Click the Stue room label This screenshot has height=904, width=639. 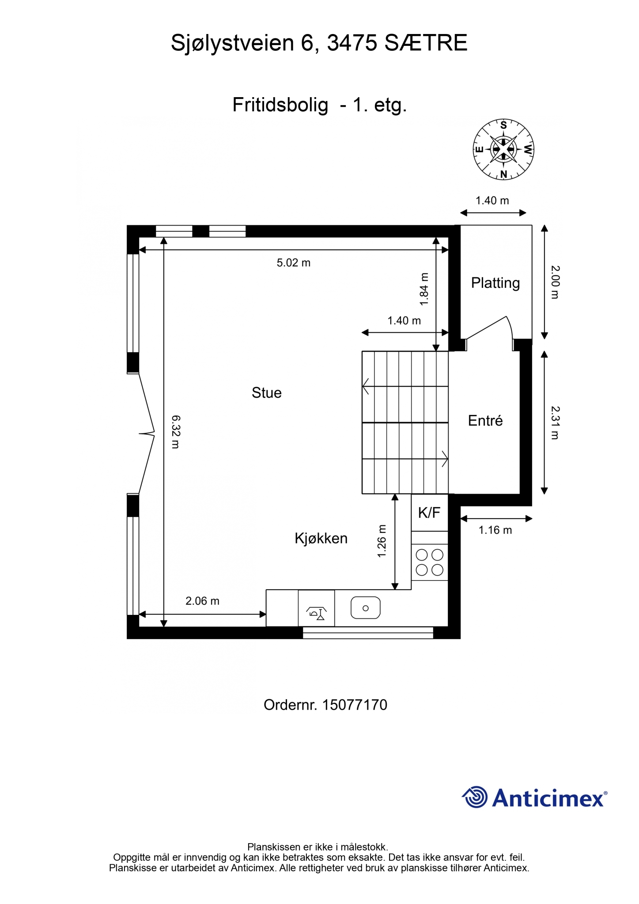click(266, 392)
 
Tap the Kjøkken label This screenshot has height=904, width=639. click(321, 538)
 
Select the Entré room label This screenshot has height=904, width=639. click(485, 421)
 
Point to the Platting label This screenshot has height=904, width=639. click(495, 283)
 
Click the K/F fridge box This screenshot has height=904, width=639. click(430, 512)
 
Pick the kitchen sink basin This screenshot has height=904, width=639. click(366, 608)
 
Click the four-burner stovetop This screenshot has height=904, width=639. click(430, 562)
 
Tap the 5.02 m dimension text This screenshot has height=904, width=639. click(294, 263)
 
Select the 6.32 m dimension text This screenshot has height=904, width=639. click(175, 432)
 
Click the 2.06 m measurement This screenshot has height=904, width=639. click(202, 601)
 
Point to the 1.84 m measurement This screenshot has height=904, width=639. click(424, 289)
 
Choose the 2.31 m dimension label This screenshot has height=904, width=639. click(555, 423)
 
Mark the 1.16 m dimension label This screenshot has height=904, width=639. click(495, 530)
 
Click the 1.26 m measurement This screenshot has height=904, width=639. click(382, 541)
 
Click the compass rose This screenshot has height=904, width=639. click(503, 149)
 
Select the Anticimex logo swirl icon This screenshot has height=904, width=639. click(475, 797)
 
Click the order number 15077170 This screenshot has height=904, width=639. click(355, 705)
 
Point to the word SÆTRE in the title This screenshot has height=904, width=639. click(426, 43)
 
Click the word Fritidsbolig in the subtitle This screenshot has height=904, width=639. click(280, 105)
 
